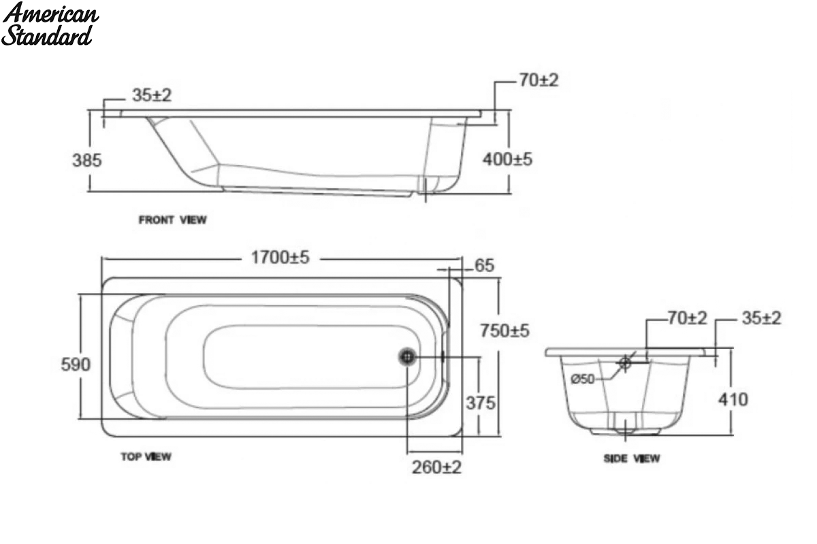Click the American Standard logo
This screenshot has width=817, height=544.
tap(50, 24)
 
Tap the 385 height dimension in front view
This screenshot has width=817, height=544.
tap(87, 160)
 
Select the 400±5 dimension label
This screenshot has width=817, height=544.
tap(507, 159)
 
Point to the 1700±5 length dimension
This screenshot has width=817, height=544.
tap(280, 258)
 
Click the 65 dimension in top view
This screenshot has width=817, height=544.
tap(484, 265)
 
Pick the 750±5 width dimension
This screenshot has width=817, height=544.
tap(504, 331)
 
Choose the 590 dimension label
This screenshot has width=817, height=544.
tap(76, 364)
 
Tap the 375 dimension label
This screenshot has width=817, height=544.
tap(481, 403)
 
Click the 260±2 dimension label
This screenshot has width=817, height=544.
tap(436, 467)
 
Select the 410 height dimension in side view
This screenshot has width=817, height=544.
tap(733, 400)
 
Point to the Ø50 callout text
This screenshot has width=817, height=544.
tap(583, 379)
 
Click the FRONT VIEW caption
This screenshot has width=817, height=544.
tap(172, 220)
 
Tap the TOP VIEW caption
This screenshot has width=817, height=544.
tap(146, 456)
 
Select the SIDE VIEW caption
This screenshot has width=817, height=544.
tap(632, 458)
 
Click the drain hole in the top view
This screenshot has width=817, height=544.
tap(407, 357)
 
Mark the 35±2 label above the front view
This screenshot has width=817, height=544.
tap(152, 95)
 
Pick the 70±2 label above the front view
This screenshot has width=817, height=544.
tap(539, 80)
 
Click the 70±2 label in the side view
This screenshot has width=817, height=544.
tap(687, 318)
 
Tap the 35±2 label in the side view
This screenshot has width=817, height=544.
tap(762, 318)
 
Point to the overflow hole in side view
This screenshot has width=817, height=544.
tap(625, 362)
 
